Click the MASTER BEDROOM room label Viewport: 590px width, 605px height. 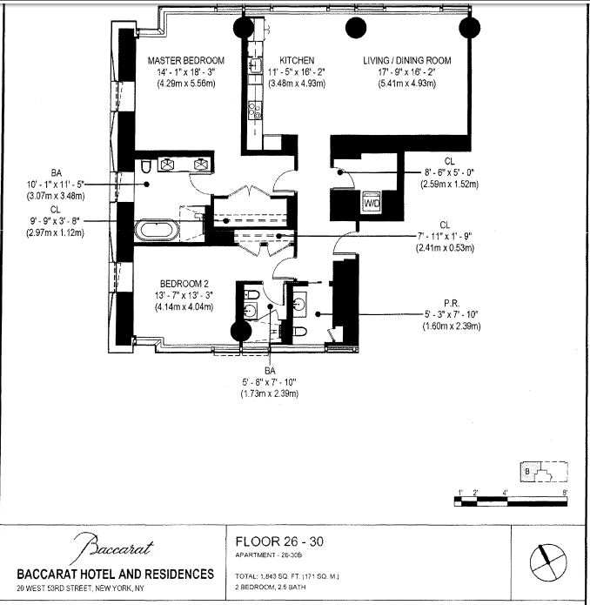(186, 60)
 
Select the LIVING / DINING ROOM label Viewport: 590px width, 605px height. (407, 60)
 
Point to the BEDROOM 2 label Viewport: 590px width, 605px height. (186, 284)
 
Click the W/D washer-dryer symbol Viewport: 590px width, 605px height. (372, 202)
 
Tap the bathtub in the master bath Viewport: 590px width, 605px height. (158, 231)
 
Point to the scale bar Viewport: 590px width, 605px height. (513, 501)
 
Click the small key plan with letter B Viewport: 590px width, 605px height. (544, 473)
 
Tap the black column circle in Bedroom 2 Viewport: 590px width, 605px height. (240, 333)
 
